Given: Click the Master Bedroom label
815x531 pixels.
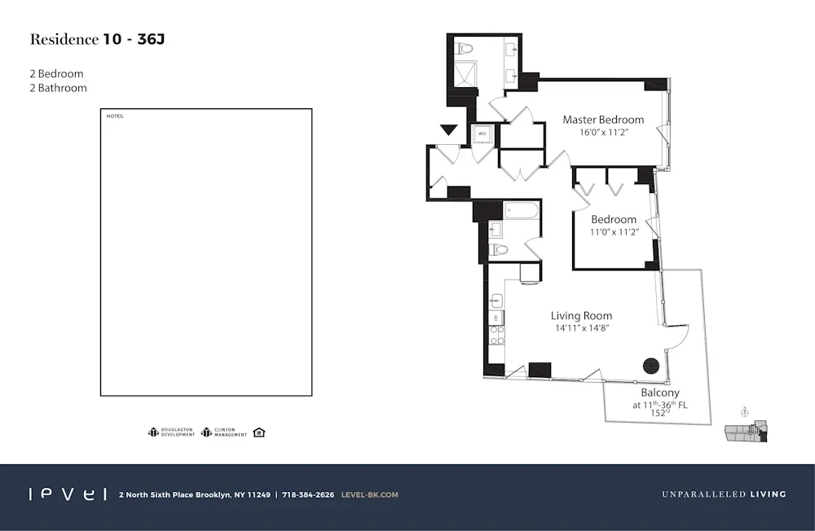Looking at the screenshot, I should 603,120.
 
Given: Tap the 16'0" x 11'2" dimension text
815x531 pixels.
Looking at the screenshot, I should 603,133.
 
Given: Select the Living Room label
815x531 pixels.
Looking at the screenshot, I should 581,316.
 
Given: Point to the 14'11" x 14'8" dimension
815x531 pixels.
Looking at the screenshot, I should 581,328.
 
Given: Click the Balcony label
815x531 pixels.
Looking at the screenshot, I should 659,393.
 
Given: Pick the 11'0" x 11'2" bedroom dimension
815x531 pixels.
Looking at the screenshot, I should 614,232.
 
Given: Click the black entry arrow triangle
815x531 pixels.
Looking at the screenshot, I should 448,129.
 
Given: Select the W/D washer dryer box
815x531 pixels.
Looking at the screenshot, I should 482,134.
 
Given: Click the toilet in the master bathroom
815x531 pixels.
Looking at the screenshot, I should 466,48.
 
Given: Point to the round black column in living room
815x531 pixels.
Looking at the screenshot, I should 651,366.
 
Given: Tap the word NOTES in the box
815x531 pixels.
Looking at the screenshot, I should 115,116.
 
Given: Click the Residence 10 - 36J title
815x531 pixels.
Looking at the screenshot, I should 102,40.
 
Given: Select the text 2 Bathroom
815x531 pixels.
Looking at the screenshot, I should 58,88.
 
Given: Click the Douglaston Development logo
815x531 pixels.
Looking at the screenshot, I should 171,432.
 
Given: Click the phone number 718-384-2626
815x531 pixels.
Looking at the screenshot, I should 308,494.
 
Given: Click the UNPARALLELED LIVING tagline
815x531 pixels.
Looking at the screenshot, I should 724,494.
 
